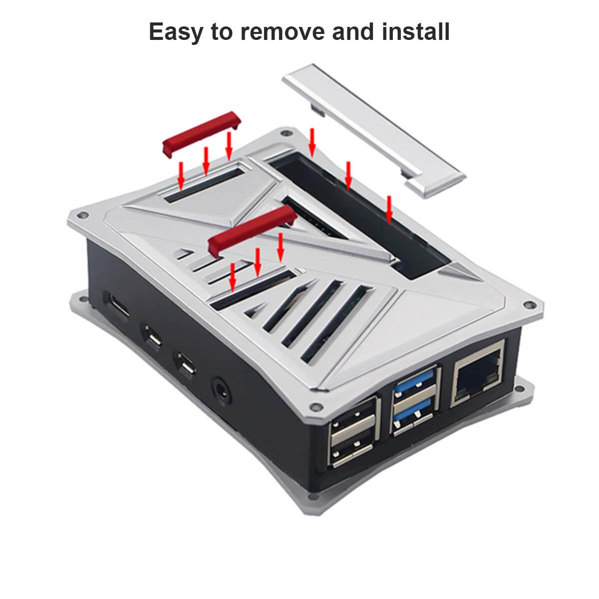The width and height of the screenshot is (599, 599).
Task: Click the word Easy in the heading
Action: pos(176,32)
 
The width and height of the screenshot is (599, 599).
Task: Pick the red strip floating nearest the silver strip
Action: pos(202,134)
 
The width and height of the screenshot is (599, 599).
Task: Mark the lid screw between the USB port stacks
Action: pos(316,406)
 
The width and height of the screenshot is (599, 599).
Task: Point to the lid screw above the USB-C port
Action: pos(82,215)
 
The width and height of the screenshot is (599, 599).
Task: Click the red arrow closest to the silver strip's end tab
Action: pos(389,210)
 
